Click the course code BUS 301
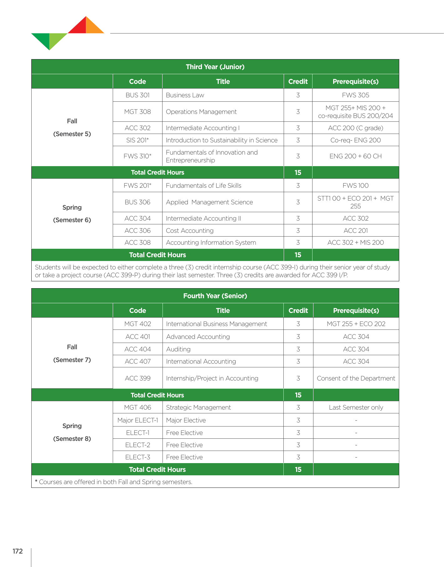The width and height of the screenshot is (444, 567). click(137, 95)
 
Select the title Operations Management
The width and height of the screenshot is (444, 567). click(201, 112)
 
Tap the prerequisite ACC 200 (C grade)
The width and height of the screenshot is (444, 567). click(355, 128)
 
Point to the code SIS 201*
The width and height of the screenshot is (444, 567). click(137, 140)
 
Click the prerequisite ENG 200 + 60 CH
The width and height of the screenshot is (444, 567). click(355, 156)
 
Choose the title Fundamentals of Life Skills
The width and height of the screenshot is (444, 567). click(204, 186)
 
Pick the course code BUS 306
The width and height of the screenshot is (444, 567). click(137, 202)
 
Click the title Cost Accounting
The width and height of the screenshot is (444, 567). click(190, 231)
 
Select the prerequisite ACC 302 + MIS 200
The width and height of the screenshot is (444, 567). click(355, 243)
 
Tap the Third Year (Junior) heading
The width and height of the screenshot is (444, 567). click(215, 67)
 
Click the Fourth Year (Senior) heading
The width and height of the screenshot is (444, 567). click(215, 296)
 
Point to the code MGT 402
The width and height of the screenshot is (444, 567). click(137, 324)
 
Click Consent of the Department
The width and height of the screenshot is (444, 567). click(356, 378)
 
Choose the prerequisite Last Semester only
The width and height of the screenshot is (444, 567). click(356, 407)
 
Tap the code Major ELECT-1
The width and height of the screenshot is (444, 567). click(137, 420)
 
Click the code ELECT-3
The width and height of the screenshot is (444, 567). click(137, 457)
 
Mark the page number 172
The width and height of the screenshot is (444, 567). click(18, 551)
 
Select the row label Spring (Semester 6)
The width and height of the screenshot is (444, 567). click(72, 214)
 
